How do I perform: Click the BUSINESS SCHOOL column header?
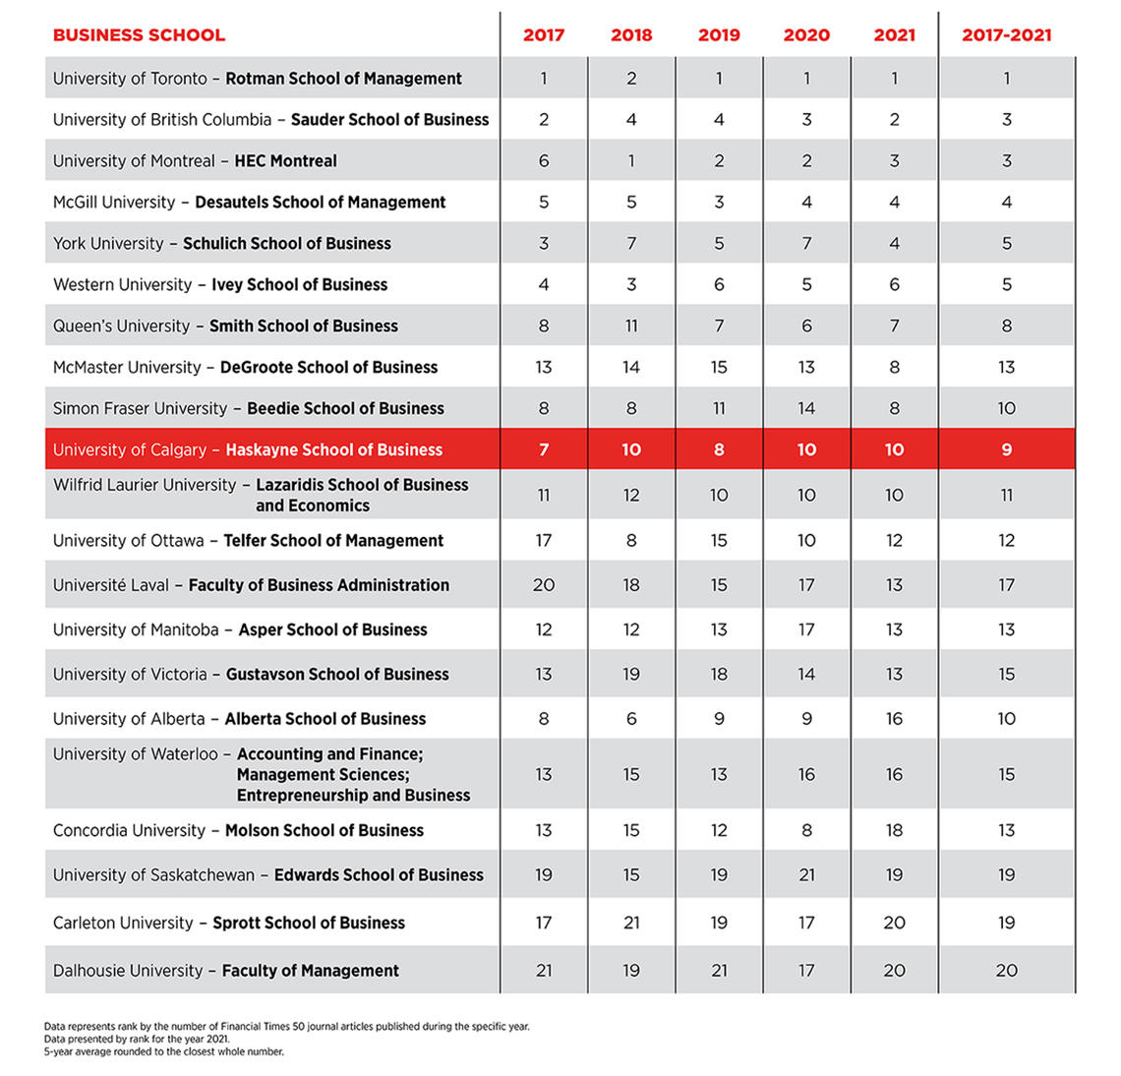point(139,35)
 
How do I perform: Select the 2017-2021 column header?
point(1006,35)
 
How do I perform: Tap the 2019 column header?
point(719,35)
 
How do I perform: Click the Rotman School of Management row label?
point(257,79)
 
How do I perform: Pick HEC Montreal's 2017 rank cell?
point(544,161)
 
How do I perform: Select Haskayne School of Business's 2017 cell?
point(544,449)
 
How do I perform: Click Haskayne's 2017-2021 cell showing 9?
point(1006,449)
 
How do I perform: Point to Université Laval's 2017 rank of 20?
point(544,585)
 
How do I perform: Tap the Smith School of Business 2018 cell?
point(631,326)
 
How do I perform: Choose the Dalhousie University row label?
point(226,971)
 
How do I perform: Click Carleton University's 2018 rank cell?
point(631,923)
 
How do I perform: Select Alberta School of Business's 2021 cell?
point(894,719)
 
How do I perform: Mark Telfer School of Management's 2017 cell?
point(544,541)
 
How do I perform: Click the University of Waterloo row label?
point(261,774)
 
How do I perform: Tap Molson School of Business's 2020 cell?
point(806,830)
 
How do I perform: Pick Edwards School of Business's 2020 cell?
point(806,875)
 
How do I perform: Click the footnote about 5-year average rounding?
point(164,1051)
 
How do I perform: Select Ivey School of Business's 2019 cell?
point(719,284)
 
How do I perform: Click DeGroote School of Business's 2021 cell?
point(894,367)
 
